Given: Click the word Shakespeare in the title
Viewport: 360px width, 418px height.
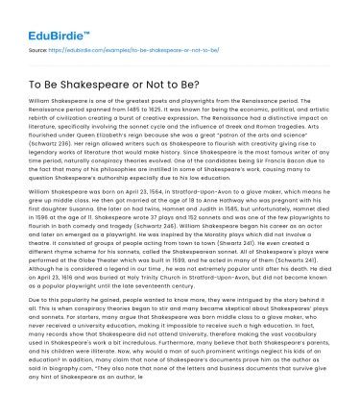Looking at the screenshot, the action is tap(116, 83).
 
